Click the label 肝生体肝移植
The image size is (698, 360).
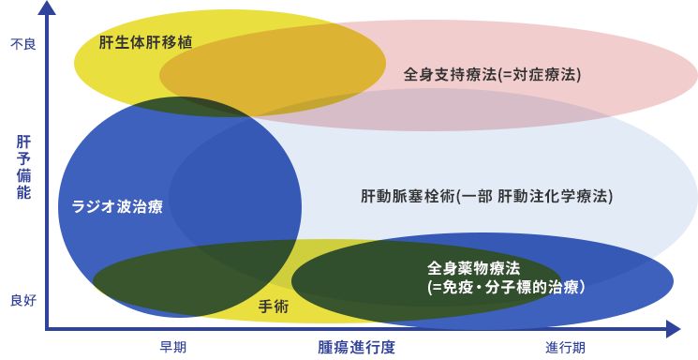146,42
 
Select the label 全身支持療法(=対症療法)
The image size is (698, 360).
493,74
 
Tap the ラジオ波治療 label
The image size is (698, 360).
117,206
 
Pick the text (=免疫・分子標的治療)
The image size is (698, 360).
506,287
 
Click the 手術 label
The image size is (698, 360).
274,307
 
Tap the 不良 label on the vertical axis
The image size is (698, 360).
22,44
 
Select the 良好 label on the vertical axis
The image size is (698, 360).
22,300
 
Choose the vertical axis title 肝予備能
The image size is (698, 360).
23,168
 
